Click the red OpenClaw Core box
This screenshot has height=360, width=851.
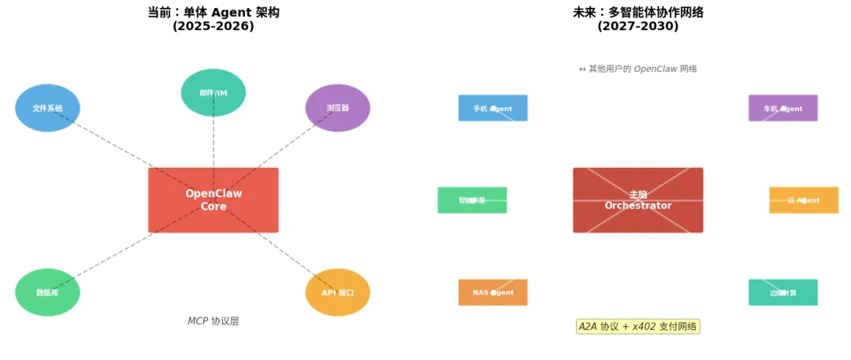(214, 200)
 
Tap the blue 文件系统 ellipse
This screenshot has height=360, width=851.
(47, 108)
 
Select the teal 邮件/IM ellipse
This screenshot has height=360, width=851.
(214, 93)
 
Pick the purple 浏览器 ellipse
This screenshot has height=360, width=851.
(338, 108)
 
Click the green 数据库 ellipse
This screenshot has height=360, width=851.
(47, 292)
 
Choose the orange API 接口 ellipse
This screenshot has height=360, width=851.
(338, 292)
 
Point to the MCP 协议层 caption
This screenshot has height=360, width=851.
(213, 321)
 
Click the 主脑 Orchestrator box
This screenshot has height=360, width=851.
(638, 200)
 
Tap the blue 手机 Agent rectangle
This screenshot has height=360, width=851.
(493, 109)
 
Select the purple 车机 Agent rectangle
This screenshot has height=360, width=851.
(783, 109)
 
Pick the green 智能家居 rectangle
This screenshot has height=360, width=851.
(472, 200)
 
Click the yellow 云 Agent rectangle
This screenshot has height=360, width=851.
(804, 200)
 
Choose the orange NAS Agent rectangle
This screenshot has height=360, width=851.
(493, 292)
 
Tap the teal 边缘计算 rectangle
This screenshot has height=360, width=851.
(783, 292)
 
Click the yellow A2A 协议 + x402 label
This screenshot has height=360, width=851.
(638, 326)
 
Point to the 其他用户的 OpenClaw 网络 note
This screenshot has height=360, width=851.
(638, 69)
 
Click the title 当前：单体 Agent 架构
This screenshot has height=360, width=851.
(214, 13)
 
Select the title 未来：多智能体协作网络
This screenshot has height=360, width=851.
(638, 13)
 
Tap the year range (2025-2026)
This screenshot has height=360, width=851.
(214, 27)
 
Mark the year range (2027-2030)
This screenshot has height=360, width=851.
(638, 27)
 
